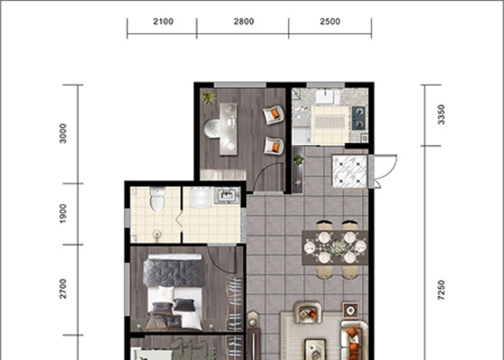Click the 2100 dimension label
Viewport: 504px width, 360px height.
click(x=163, y=22)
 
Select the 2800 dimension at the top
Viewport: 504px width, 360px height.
click(x=244, y=22)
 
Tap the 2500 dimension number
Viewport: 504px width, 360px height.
click(x=329, y=22)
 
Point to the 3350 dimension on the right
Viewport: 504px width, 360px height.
click(x=441, y=114)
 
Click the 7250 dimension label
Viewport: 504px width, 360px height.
click(x=441, y=290)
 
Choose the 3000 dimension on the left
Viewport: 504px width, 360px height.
click(x=63, y=133)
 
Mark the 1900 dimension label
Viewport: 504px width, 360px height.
click(x=63, y=213)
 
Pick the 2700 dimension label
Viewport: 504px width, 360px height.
click(x=63, y=289)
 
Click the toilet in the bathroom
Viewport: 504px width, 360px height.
click(x=157, y=199)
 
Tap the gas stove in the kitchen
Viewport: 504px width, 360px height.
click(x=359, y=118)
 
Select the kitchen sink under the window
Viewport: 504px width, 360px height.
click(x=328, y=97)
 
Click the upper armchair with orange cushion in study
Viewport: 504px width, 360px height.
click(x=274, y=114)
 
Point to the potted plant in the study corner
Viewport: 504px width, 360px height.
click(x=209, y=97)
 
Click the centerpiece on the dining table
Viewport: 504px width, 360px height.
click(x=338, y=247)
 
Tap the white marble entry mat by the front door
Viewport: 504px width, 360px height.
click(x=349, y=171)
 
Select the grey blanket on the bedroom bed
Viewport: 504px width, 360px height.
click(x=175, y=273)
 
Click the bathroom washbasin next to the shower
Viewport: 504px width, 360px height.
click(x=228, y=195)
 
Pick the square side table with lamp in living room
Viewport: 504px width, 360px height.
click(x=350, y=310)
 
